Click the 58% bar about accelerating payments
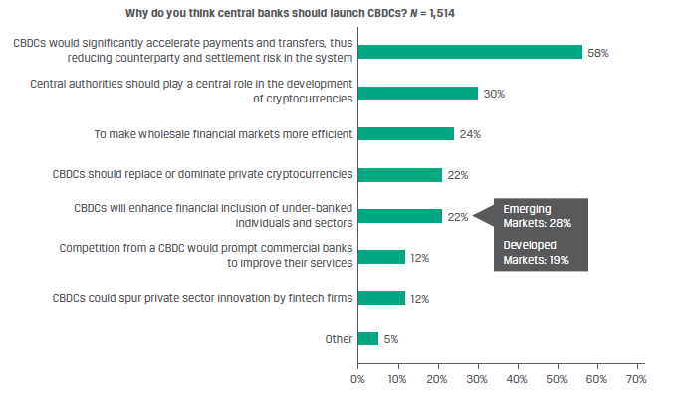(469, 52)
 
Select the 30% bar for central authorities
(417, 93)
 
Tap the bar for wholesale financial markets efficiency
(405, 133)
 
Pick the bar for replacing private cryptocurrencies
(399, 174)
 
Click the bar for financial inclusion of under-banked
(399, 215)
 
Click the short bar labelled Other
(367, 338)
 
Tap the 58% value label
(598, 52)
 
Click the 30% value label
(495, 93)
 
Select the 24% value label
(470, 133)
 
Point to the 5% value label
(391, 338)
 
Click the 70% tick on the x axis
(634, 378)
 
